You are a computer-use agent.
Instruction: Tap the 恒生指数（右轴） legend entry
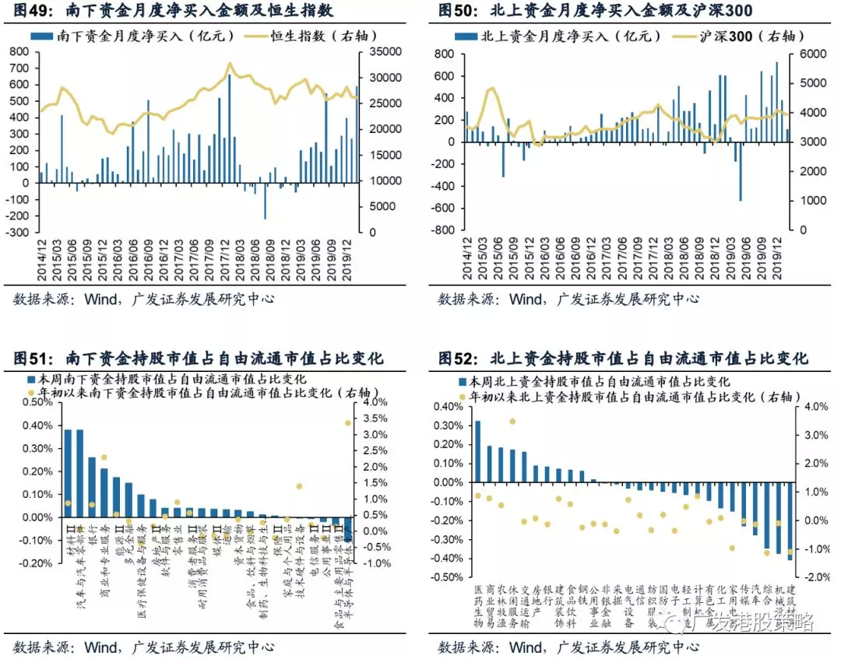pyautogui.click(x=292, y=36)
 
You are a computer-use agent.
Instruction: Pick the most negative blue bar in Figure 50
pyautogui.click(x=740, y=171)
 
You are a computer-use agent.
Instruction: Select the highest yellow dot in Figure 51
pyautogui.click(x=347, y=423)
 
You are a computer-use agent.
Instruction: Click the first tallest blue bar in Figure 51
pyautogui.click(x=68, y=473)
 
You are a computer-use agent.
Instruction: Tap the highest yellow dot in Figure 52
pyautogui.click(x=512, y=422)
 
